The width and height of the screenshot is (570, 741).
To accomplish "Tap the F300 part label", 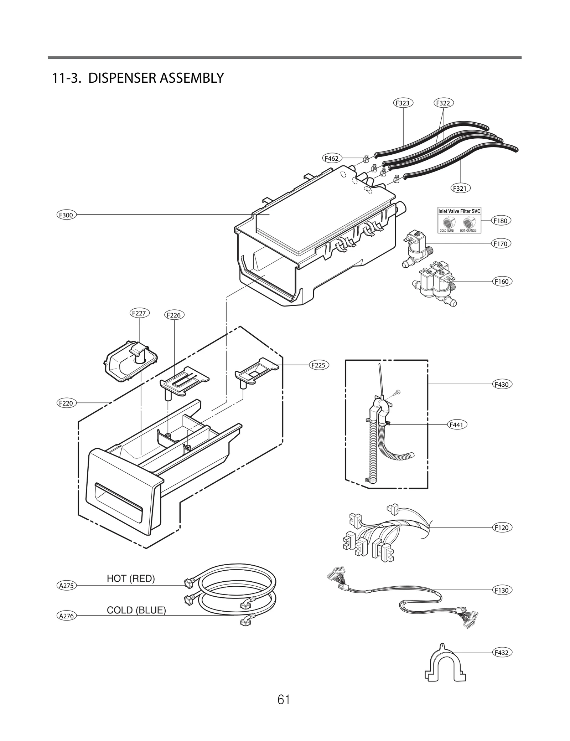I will tap(66, 215).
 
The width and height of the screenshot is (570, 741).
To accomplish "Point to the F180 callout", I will tap(501, 221).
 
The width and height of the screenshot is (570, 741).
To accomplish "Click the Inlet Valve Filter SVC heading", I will tap(459, 211).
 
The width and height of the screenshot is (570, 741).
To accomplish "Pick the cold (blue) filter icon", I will tap(447, 223).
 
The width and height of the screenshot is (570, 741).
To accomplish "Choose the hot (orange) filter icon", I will tap(468, 223).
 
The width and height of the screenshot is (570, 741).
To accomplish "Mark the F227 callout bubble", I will tap(139, 313).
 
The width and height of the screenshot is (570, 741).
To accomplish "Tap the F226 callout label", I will tap(174, 315).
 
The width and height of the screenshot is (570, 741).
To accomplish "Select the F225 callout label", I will tap(319, 365).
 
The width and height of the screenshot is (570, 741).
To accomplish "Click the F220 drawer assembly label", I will tap(66, 403).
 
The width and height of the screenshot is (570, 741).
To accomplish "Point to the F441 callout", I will tap(457, 424).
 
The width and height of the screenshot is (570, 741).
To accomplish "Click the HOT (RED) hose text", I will tap(131, 578).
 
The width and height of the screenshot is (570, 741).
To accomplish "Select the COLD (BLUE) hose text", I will tap(136, 610).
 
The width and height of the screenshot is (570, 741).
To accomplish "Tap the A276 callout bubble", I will tap(66, 616).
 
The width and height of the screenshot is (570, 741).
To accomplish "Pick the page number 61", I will tap(284, 710).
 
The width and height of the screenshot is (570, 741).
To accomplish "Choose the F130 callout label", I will tap(502, 590).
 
